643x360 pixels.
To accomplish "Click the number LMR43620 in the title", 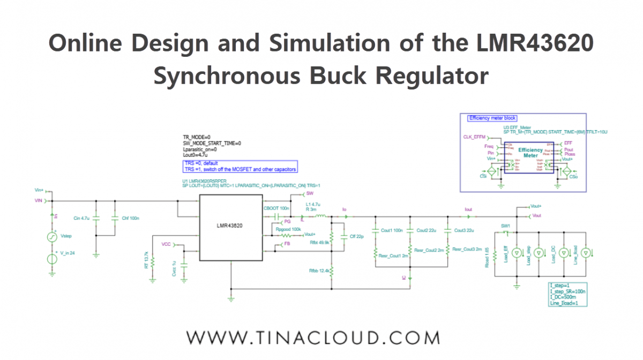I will coord(528,43).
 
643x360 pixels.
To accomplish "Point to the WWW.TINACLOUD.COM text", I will coord(313,337).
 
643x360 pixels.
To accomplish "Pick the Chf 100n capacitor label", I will coord(130,218).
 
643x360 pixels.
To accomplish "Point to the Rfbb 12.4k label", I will coord(320,271).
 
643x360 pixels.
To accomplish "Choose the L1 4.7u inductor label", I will coord(313,205).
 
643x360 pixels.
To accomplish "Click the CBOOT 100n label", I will coord(276,207).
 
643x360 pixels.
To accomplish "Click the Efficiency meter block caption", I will coord(492,118).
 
